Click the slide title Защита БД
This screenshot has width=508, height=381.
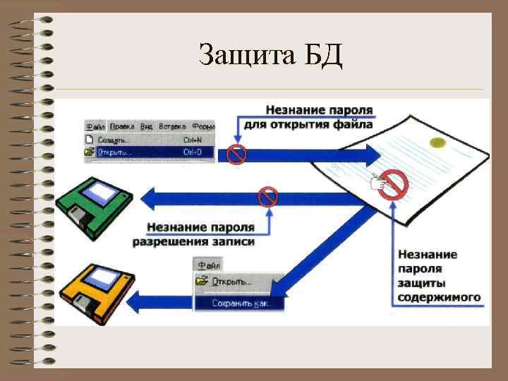tap(270, 54)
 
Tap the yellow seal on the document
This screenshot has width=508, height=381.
tap(437, 144)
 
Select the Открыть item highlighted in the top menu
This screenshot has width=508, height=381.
tap(114, 152)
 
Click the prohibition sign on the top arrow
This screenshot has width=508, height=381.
tap(236, 154)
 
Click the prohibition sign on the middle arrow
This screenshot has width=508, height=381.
tap(268, 197)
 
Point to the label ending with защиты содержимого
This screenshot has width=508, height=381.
tap(438, 275)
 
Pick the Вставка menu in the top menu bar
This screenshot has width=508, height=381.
tap(173, 126)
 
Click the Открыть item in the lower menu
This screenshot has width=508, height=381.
tap(233, 282)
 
